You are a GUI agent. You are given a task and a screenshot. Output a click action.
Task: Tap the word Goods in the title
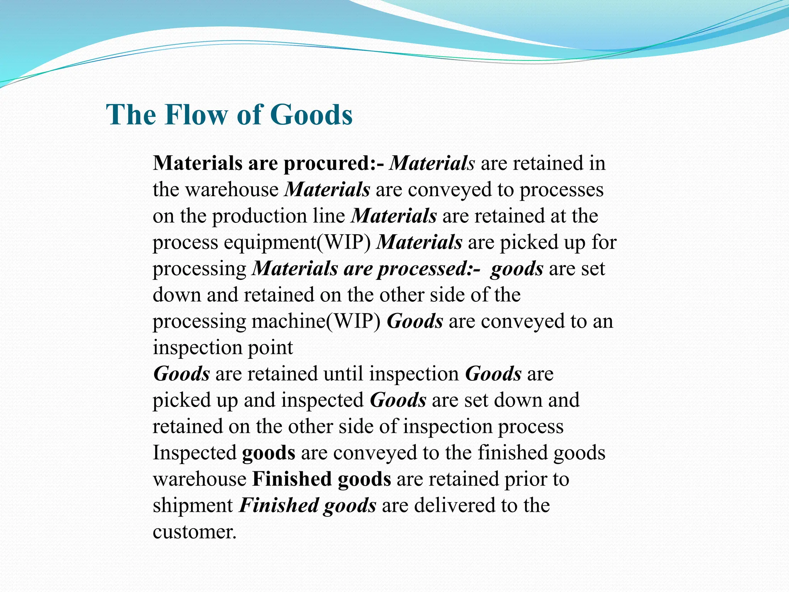(311, 115)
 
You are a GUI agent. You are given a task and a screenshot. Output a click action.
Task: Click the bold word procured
(327, 164)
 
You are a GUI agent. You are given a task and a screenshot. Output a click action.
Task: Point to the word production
(278, 217)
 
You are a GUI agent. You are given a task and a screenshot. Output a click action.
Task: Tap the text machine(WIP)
(316, 322)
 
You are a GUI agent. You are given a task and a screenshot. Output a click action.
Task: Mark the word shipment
(193, 506)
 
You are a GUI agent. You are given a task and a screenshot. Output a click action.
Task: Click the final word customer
(194, 532)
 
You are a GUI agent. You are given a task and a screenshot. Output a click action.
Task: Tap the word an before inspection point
(603, 322)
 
